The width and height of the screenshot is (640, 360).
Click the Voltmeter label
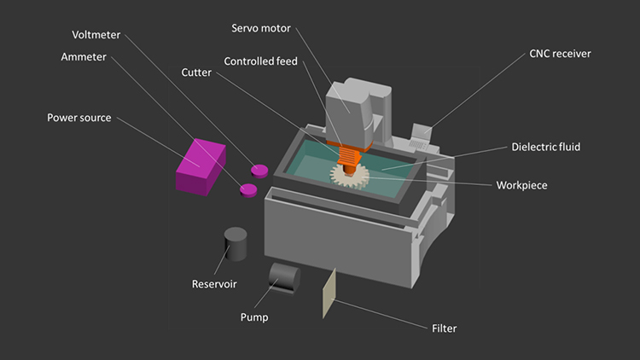[x=96, y=35]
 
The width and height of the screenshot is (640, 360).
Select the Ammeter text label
[x=84, y=57]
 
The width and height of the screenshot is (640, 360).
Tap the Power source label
[x=79, y=118]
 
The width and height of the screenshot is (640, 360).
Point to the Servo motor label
[x=261, y=28]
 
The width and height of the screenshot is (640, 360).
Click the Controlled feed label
[x=261, y=61]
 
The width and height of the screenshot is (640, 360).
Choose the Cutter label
[x=196, y=73]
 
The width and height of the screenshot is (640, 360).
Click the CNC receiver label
[x=560, y=54]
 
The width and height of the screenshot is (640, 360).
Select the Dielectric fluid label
[x=546, y=147]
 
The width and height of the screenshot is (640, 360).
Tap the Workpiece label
[x=521, y=185]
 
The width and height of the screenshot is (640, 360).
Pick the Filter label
[x=444, y=328]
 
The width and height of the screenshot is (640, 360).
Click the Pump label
[x=254, y=317]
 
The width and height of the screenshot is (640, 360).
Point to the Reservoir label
[x=214, y=284]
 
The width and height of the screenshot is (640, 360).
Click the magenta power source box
[x=201, y=167]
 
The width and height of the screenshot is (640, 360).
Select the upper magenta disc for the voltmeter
[x=259, y=171]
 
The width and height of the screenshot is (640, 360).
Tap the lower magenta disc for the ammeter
[x=248, y=190]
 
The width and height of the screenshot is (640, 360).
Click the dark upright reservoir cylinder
[x=236, y=244]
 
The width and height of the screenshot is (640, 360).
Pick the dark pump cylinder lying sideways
[x=284, y=278]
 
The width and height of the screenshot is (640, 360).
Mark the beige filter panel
[x=329, y=293]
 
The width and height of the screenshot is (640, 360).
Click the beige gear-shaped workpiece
[x=349, y=177]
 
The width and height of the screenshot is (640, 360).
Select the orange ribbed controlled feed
[x=348, y=157]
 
